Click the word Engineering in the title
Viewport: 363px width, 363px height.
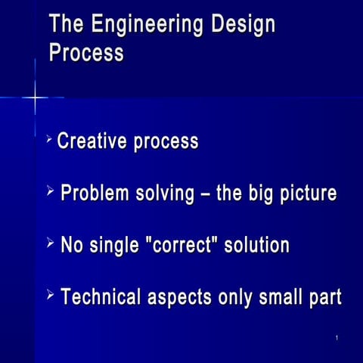(144, 25)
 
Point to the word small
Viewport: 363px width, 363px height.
(276, 297)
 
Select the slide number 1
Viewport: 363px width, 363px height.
(335, 338)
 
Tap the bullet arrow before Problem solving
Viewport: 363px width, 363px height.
(50, 191)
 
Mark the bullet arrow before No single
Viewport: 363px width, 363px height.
(50, 243)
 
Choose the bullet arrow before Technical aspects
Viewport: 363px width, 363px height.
(50, 295)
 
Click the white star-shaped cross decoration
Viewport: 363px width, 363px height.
(35, 98)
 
